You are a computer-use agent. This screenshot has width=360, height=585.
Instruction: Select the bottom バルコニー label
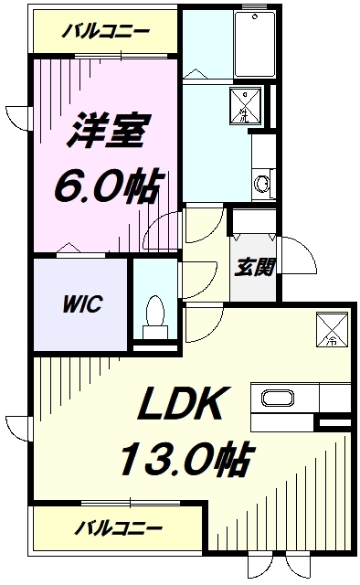pyautogui.click(x=119, y=528)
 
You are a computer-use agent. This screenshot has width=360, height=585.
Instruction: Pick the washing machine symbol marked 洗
pyautogui.click(x=245, y=108)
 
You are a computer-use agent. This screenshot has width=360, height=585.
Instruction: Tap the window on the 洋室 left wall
pyautogui.click(x=20, y=119)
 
